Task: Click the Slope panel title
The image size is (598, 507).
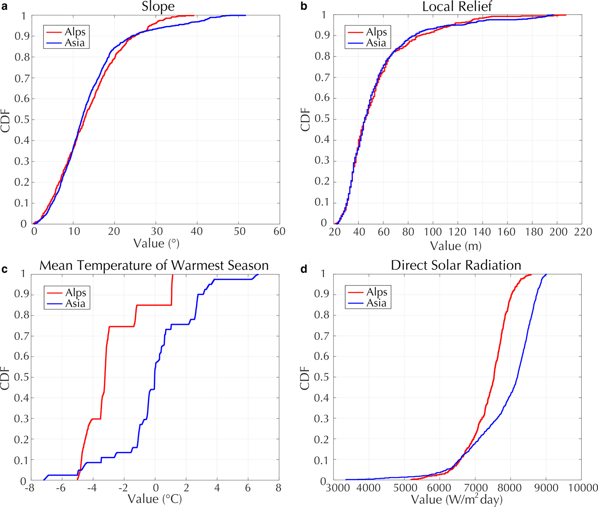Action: click(158, 7)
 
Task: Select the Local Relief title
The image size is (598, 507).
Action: click(457, 7)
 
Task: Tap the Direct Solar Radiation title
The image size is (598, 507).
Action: click(456, 265)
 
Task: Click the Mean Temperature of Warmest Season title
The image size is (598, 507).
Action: click(154, 265)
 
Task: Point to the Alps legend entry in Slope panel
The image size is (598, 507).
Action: click(75, 32)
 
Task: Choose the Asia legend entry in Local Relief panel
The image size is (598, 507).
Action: click(375, 43)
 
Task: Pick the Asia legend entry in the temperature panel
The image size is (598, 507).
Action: click(75, 304)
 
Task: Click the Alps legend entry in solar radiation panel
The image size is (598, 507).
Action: click(376, 292)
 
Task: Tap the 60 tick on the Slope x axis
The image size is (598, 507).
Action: click(279, 231)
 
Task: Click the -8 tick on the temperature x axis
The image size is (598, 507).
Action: click(29, 488)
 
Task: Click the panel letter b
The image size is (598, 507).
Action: click(304, 6)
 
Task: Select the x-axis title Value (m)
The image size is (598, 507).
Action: click(455, 246)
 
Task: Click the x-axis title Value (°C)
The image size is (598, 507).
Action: click(155, 499)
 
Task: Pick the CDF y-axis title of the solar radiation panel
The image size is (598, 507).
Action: click(305, 377)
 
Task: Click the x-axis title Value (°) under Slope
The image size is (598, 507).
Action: click(156, 244)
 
